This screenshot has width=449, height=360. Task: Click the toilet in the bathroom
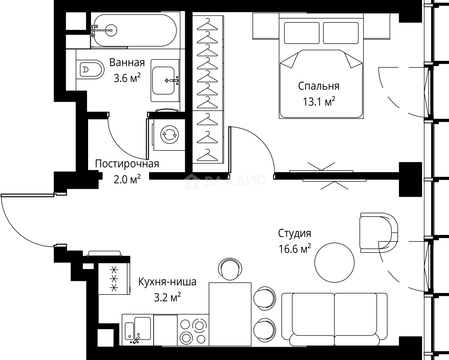point(88,69)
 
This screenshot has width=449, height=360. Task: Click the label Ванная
point(127,63)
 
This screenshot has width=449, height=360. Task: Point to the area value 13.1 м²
point(319,102)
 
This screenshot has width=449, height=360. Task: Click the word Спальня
point(319,86)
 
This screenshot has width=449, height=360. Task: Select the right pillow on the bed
point(341,33)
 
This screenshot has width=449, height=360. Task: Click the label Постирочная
point(127,164)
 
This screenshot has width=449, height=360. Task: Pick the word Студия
point(294,234)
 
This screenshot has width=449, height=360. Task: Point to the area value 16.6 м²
point(294,249)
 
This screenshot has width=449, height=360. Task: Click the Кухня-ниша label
point(167,282)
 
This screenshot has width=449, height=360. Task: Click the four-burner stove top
point(193,331)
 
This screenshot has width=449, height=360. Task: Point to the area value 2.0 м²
point(127,179)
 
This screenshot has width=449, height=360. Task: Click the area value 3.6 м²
point(127,78)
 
